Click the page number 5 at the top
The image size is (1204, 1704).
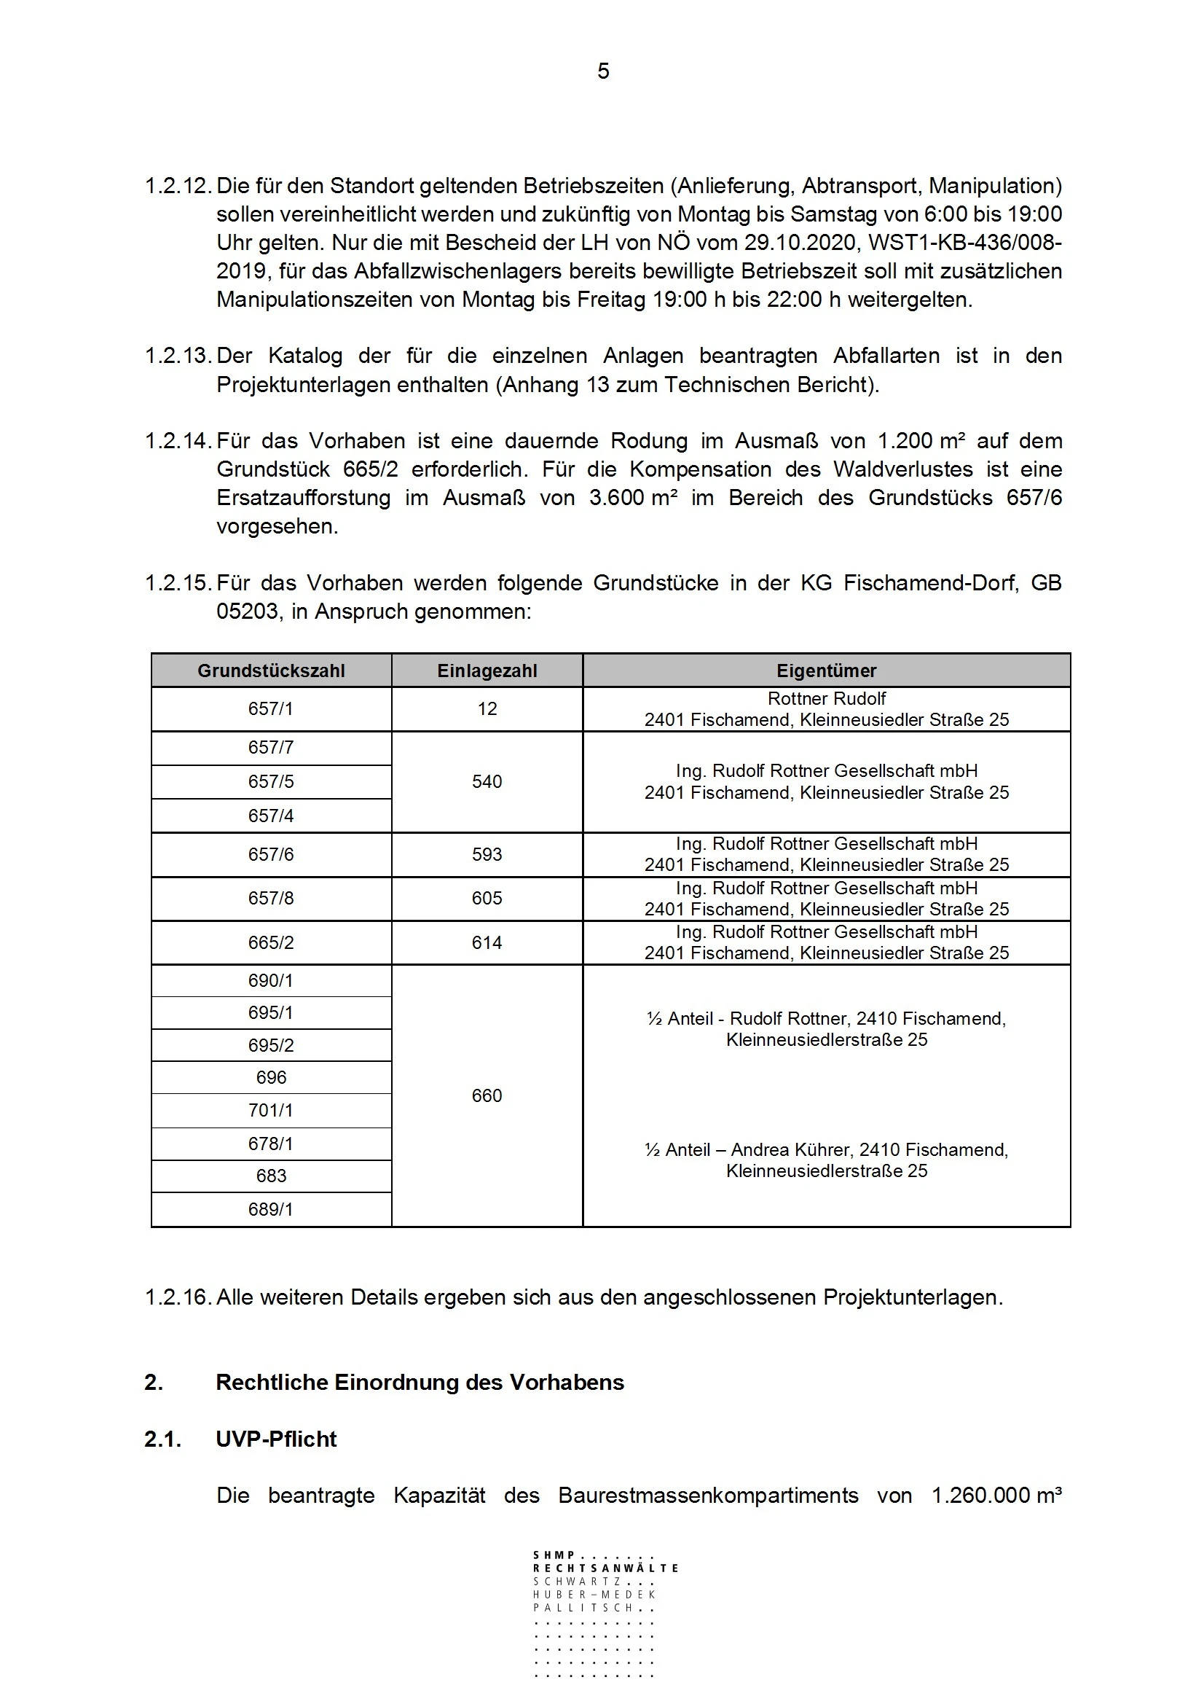603,71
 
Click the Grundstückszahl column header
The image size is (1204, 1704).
271,671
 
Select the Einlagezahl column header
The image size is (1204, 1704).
487,671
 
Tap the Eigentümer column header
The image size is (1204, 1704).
827,671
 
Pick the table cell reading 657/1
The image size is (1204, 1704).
271,708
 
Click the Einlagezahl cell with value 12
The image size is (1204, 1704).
487,708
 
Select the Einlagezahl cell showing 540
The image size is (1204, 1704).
487,781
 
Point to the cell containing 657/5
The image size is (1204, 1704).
271,781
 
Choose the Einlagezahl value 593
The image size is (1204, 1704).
487,854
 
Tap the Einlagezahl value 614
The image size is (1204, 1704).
487,942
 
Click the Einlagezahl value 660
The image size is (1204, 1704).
487,1095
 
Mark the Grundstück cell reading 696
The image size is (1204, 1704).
271,1078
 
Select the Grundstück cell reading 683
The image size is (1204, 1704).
271,1176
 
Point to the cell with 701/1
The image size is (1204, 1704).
271,1110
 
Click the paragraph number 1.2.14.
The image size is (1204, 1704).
178,441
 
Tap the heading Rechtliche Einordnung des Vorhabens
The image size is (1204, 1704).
419,1383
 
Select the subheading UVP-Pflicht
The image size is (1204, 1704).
276,1439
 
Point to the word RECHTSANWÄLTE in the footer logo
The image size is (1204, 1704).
605,1568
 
